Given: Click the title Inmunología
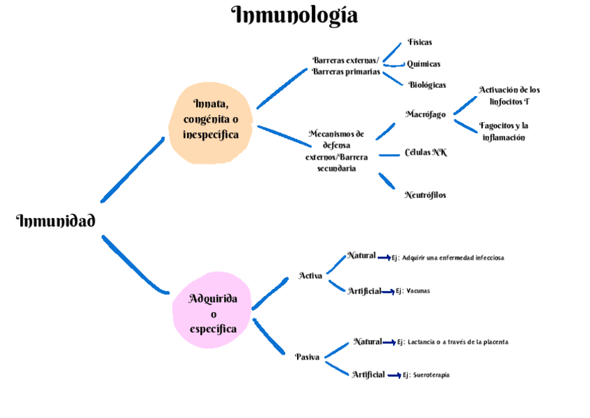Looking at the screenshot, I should coord(294,15).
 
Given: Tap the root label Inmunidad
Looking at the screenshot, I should coord(56,222).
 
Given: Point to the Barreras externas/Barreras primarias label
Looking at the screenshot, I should coord(346,66).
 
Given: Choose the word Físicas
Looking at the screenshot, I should coord(420,42).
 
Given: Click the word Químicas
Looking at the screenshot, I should coord(423,64).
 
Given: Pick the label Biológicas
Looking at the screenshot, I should coord(426,85).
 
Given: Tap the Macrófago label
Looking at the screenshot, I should coord(425,114).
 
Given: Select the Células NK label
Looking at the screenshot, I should coord(425,153).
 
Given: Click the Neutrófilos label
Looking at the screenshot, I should coord(425,195).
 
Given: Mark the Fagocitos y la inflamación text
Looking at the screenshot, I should coord(504,132).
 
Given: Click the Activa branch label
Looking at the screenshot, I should coord(310,276).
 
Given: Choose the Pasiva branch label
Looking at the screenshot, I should coord(308,357).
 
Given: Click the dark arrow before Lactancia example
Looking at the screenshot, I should coord(389,343).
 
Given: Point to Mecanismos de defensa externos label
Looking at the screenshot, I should coord(337,150).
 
